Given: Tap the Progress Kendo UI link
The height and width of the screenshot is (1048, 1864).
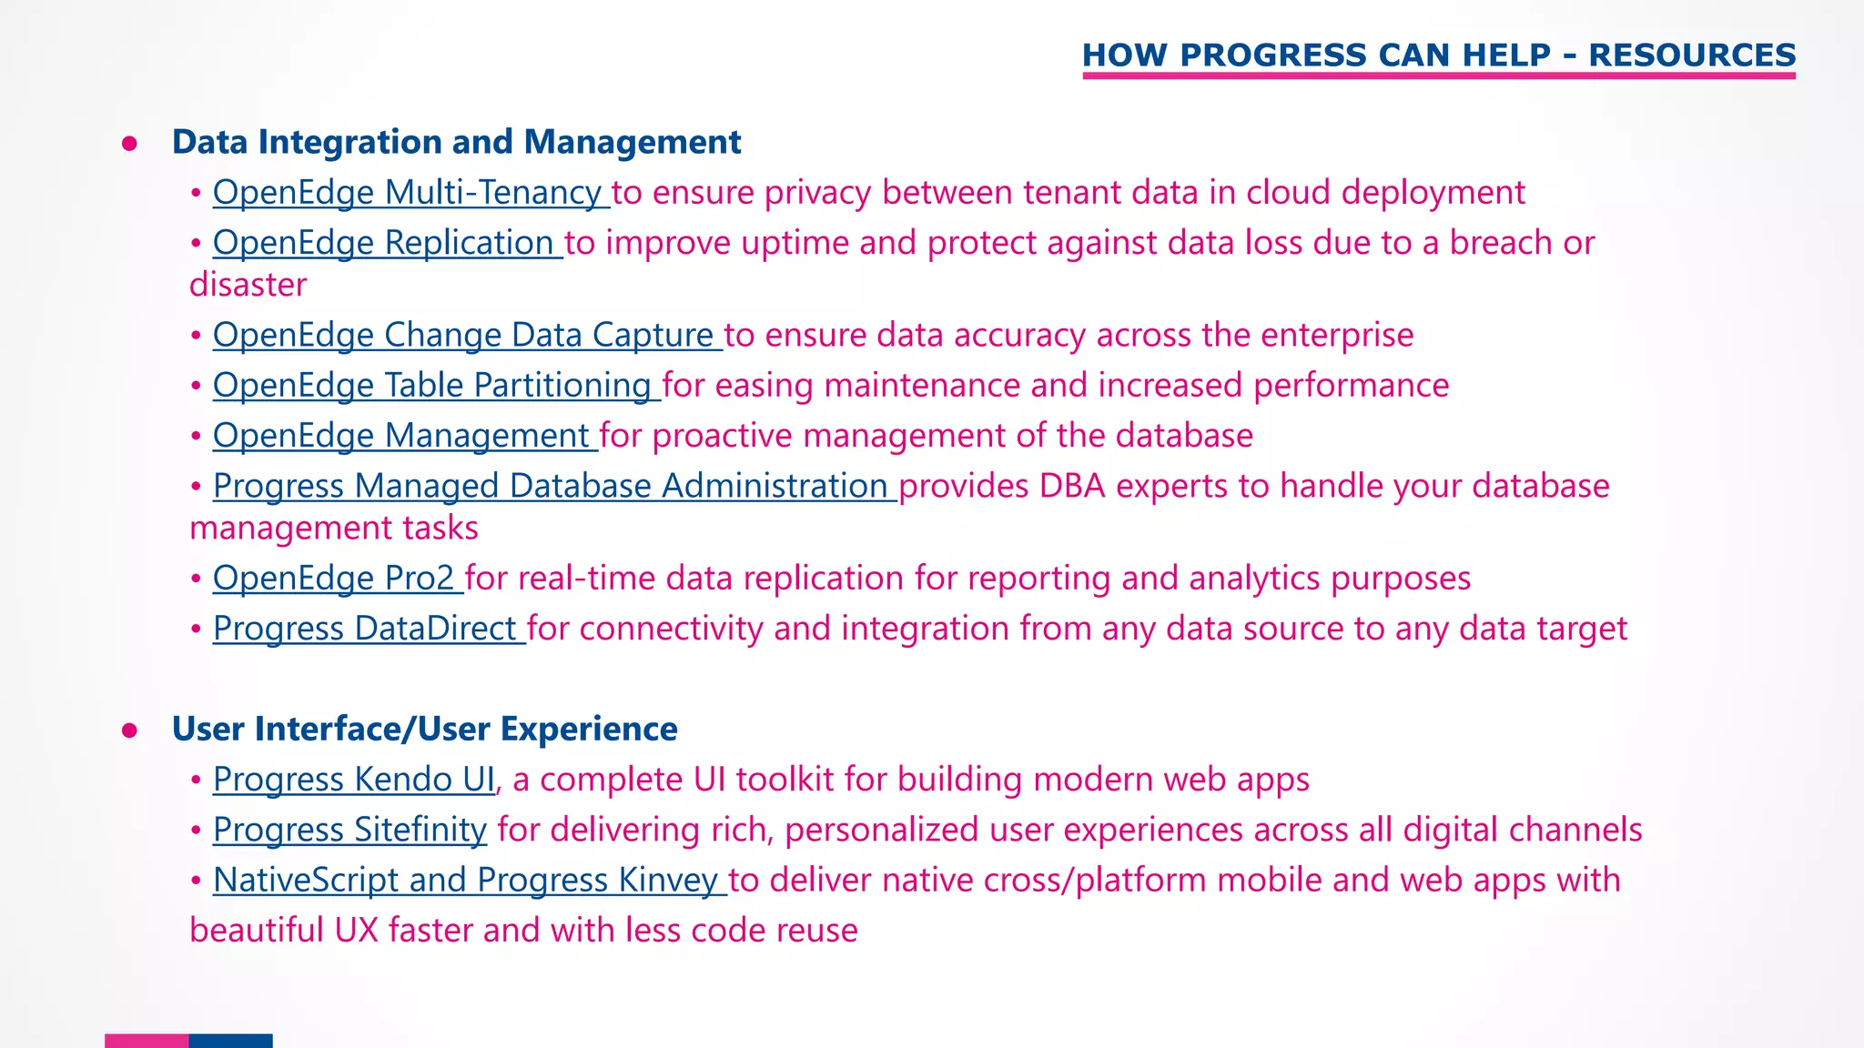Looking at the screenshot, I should [354, 780].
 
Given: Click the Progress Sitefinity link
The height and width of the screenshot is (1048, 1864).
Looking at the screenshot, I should [349, 830].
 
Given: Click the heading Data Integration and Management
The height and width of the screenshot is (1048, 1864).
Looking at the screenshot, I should [456, 143].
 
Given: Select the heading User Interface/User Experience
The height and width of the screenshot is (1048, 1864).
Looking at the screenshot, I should [424, 730].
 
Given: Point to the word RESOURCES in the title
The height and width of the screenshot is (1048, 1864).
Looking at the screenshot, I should [1692, 55].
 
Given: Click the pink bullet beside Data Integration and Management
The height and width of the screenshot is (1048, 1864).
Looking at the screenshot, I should [129, 144].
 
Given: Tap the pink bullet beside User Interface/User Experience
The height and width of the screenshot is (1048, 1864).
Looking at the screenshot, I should [129, 731].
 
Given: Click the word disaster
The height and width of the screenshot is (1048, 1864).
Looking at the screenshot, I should [248, 285].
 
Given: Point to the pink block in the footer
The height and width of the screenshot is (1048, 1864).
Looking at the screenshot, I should [147, 1041].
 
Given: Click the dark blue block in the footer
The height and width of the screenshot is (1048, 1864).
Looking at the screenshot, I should [230, 1041].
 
